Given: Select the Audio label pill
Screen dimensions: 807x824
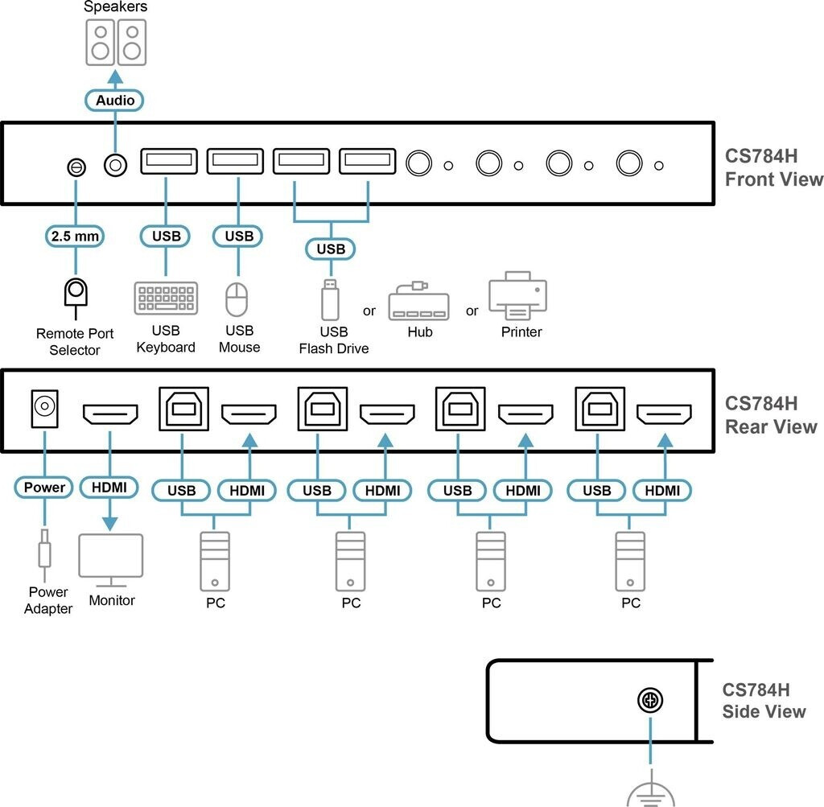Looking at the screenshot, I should (x=115, y=101).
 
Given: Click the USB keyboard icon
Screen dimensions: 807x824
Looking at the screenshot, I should (x=166, y=298).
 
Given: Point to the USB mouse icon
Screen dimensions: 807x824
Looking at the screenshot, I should (x=237, y=299).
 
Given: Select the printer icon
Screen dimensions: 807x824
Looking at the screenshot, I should (x=517, y=296).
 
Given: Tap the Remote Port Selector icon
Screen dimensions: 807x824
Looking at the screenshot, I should (x=76, y=294).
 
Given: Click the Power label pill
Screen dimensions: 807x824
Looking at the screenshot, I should (x=44, y=487).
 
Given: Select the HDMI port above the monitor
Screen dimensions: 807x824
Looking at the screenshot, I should (x=110, y=414).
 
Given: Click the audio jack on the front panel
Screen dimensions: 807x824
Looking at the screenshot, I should (x=115, y=165).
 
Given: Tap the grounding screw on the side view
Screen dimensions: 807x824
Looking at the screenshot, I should (x=649, y=701).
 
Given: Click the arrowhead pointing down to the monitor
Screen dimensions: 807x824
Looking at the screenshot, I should (x=110, y=522).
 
